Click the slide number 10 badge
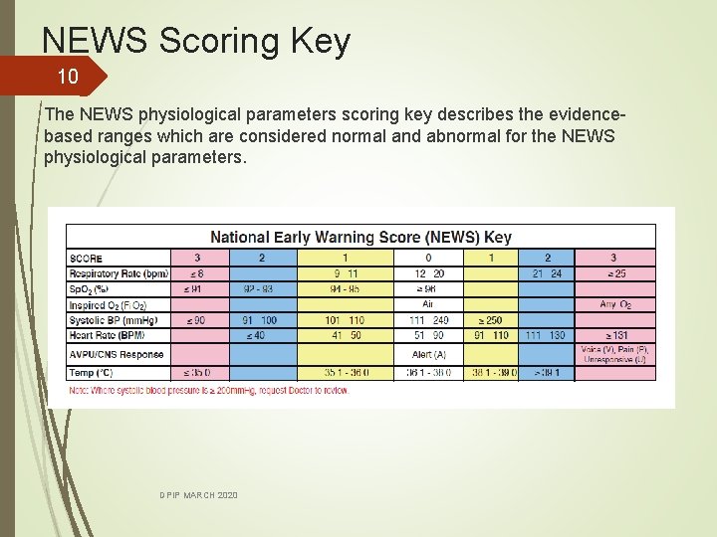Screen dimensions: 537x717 tap(67, 77)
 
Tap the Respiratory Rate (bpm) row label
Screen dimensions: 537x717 tap(119, 273)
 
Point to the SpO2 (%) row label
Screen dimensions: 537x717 tap(89, 289)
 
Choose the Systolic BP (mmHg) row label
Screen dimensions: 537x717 tap(114, 320)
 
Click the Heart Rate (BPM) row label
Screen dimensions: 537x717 tap(107, 335)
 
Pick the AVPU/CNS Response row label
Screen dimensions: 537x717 tap(117, 354)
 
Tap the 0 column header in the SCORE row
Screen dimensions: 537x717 tap(428, 258)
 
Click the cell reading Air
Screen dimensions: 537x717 tap(428, 304)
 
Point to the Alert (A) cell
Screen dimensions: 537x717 tap(428, 354)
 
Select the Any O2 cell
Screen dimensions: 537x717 tap(614, 304)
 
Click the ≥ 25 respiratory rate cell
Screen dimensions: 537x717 tap(614, 273)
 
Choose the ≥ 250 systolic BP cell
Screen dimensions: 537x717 tap(490, 320)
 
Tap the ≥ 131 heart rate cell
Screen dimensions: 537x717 tap(614, 335)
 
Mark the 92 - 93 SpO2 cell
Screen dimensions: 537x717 tap(263, 289)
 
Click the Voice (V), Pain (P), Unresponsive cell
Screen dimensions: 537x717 tap(614, 354)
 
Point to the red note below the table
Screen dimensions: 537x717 tap(209, 390)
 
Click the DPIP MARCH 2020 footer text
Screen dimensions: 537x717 tap(198, 495)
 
